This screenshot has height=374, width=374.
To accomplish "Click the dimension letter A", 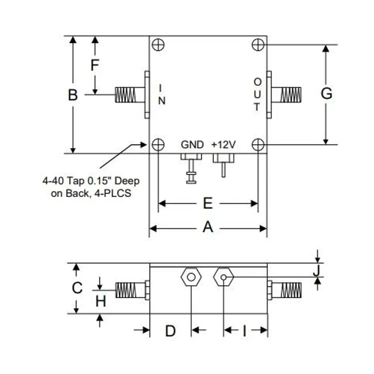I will pos(208,227).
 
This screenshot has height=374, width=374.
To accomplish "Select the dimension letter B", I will pos(73,95).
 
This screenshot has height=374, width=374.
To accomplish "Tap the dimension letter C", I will pos(77,288).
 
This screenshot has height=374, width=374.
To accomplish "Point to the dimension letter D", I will pos(170,331).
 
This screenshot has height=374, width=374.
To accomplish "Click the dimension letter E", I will pos(208,203).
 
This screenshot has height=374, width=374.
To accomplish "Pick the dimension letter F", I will pos(95,65).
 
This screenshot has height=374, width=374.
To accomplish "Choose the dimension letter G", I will pos(327,94).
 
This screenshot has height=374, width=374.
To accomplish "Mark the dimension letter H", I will pos(101,301).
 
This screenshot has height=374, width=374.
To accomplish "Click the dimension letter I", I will pos(245,331).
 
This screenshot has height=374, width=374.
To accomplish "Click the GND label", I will pos(192,145).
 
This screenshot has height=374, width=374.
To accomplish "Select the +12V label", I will pos(223,145).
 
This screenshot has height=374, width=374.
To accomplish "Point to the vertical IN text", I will pos(161,94).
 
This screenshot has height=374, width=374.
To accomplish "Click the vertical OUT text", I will pos(257,94).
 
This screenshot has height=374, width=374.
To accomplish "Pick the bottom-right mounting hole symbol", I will pos(258,144).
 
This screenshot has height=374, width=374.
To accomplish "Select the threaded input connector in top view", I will pos(129,95).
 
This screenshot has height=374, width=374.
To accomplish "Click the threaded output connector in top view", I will pos(286,95).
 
